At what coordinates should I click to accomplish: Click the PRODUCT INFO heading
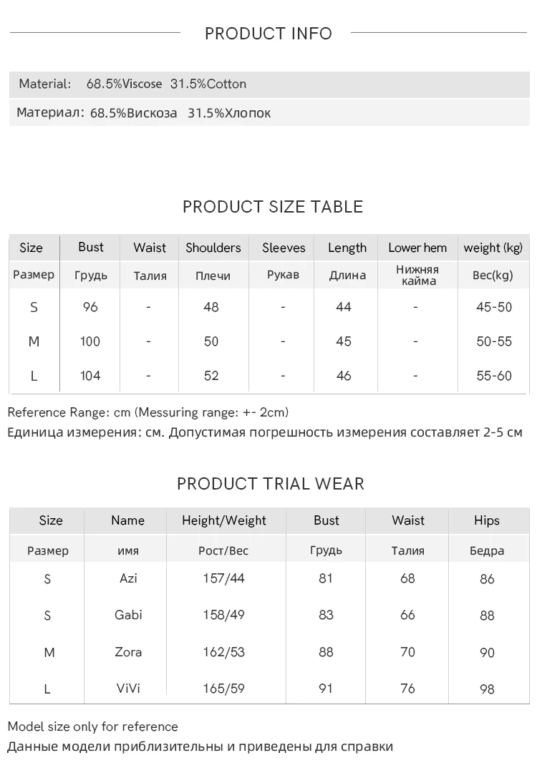(x=268, y=34)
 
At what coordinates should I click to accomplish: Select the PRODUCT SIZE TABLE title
(x=273, y=207)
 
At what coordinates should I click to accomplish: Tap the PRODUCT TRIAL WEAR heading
(x=271, y=484)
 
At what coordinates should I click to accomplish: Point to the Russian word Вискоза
(x=152, y=113)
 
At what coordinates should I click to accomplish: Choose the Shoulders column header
(x=213, y=248)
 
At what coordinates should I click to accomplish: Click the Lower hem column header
(x=417, y=248)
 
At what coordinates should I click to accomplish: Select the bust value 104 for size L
(x=90, y=376)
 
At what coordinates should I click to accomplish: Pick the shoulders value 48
(x=211, y=307)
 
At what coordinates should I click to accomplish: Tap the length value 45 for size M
(x=344, y=341)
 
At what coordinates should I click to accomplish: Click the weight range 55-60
(x=494, y=376)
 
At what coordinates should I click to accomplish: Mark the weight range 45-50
(x=494, y=307)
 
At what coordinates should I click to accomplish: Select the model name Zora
(x=128, y=652)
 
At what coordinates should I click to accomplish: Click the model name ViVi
(x=128, y=689)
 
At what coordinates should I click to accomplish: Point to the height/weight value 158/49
(x=223, y=615)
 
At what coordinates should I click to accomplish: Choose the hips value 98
(x=487, y=689)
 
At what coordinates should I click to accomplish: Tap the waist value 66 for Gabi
(x=407, y=615)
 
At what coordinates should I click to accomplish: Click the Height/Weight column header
(x=224, y=520)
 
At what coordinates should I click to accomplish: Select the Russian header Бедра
(x=487, y=550)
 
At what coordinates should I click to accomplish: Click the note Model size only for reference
(x=92, y=726)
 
